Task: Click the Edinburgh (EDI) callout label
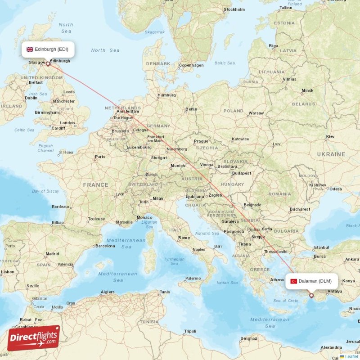[x=48, y=49]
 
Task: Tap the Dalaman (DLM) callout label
[x=311, y=281]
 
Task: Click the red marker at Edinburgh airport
[x=48, y=64]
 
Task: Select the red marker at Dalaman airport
[x=311, y=296]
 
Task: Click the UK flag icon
[x=30, y=49]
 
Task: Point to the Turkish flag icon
[x=294, y=281]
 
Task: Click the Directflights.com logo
[x=34, y=338]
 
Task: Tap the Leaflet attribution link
[x=351, y=356]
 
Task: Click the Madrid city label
[x=52, y=254]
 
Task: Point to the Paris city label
[x=100, y=157]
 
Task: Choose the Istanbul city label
[x=321, y=247]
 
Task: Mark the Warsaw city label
[x=256, y=113]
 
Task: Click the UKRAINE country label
[x=331, y=154]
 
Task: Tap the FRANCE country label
[x=95, y=184]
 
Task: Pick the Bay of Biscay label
[x=45, y=191]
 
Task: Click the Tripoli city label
[x=190, y=331]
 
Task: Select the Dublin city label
[x=31, y=98]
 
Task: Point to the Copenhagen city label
[x=191, y=65]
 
